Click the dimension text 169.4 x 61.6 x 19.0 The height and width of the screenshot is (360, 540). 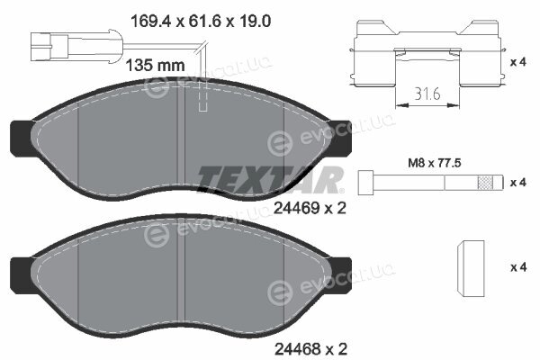tap(201, 22)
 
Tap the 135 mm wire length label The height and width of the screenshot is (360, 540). tap(155, 65)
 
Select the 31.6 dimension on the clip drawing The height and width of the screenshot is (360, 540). tap(427, 94)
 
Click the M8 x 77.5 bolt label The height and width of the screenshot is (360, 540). tap(435, 163)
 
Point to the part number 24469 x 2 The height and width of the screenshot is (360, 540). tap(310, 208)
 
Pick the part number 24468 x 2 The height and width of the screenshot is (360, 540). tap(310, 349)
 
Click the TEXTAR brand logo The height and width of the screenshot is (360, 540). tap(270, 179)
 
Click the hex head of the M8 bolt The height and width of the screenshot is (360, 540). tap(365, 182)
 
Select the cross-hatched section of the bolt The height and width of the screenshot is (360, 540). tap(484, 182)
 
